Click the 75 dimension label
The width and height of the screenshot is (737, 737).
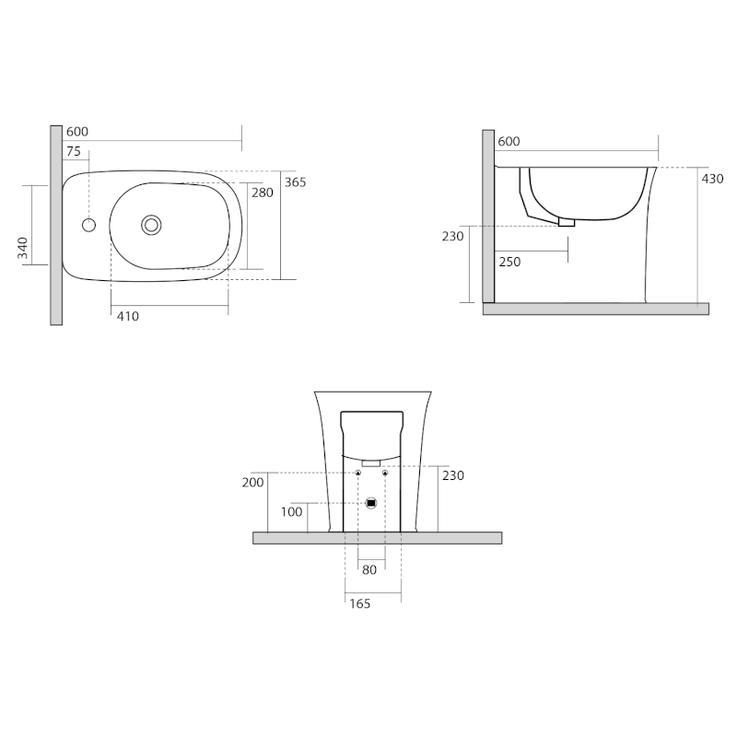click(x=74, y=151)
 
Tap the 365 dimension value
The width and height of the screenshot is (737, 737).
click(x=295, y=181)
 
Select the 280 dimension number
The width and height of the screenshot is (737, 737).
click(x=263, y=193)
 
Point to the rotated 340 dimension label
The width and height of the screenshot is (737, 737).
click(x=22, y=248)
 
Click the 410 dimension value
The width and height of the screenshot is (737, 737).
click(x=128, y=316)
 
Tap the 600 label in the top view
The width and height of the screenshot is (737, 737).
click(x=77, y=132)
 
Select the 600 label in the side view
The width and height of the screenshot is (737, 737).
click(x=509, y=142)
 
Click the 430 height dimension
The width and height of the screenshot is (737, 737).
click(x=712, y=179)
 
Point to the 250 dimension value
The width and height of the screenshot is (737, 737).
click(x=509, y=262)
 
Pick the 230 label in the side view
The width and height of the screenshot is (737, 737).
click(x=452, y=237)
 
